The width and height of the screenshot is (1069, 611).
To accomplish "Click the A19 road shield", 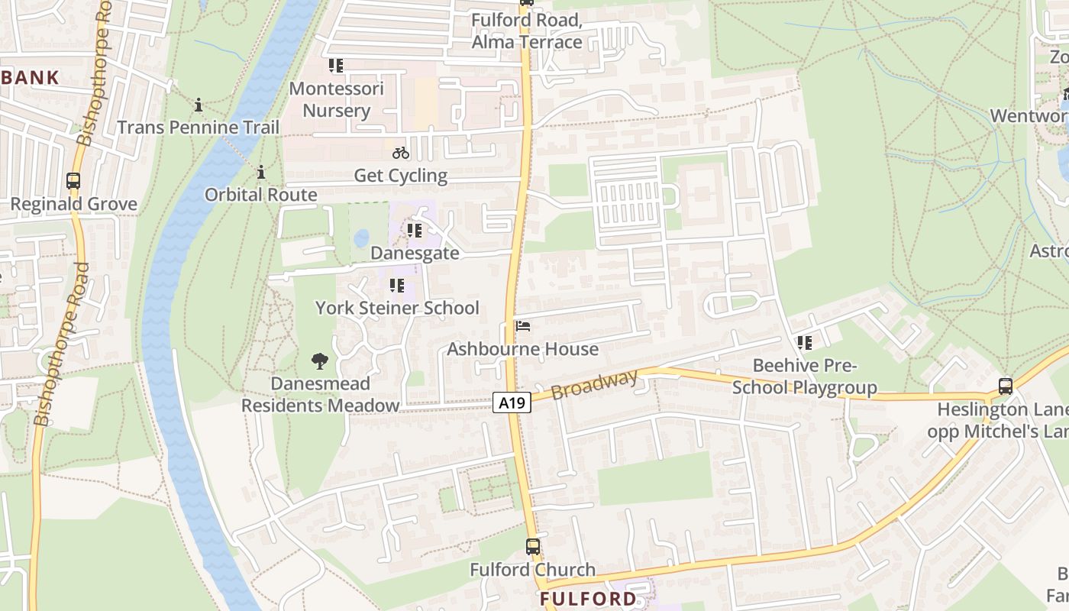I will [x=511, y=402].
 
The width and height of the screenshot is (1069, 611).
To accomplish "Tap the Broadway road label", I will [x=594, y=385].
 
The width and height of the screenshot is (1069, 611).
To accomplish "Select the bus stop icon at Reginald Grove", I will [x=73, y=181].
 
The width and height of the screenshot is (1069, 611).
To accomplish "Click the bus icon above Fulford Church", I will [x=532, y=547].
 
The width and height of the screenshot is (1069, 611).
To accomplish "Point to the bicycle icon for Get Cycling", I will [x=401, y=153].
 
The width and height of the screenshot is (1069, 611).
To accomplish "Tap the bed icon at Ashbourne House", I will [x=523, y=326].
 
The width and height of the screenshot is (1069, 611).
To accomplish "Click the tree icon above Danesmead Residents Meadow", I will [x=320, y=361].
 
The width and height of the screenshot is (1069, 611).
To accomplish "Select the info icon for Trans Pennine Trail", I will [x=199, y=105].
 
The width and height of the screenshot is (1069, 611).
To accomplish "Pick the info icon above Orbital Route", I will [x=261, y=172].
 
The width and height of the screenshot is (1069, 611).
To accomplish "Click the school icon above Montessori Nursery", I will [x=336, y=66].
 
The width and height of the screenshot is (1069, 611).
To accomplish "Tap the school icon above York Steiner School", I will [x=397, y=286].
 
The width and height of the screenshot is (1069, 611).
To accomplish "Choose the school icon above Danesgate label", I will [x=415, y=230].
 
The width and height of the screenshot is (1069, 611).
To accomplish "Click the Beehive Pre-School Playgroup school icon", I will [x=804, y=343].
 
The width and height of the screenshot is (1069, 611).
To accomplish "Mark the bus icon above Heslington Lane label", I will [x=1006, y=386].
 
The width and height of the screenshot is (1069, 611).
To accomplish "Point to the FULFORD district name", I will [x=588, y=599].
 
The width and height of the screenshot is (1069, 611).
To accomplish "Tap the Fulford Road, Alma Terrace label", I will [x=527, y=31].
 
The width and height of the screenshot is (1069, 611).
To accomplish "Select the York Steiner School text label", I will [x=398, y=308].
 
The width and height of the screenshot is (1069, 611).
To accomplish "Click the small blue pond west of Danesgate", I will [x=361, y=238].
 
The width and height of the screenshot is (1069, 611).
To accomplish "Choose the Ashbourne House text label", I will [x=523, y=349].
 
